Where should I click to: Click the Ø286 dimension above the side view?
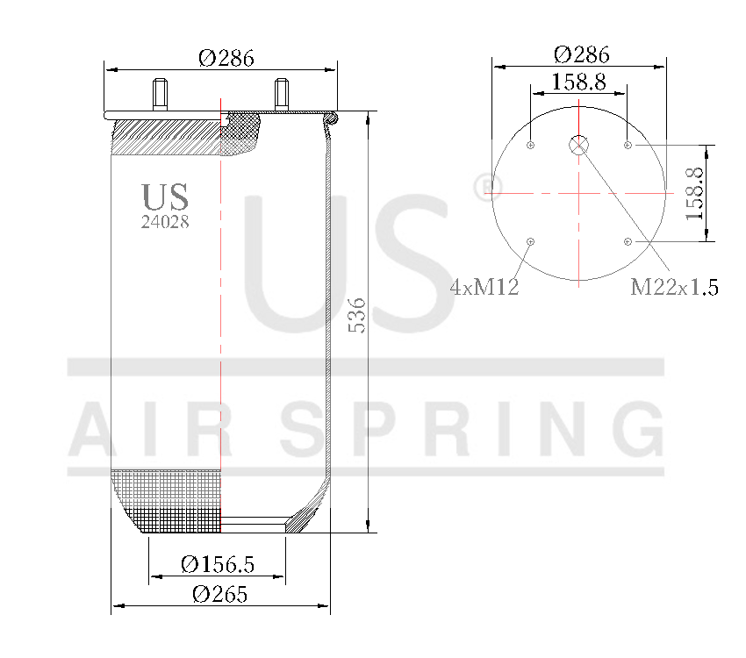(226, 58)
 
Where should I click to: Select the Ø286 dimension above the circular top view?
(581, 54)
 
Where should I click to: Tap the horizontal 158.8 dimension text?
(578, 82)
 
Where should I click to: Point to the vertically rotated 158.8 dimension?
(695, 193)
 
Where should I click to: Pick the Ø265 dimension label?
(219, 594)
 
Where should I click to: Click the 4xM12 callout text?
(484, 287)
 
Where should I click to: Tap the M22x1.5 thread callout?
(674, 287)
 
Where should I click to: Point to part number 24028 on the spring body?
(165, 222)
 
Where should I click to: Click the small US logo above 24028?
(165, 197)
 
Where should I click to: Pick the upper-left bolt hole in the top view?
(531, 145)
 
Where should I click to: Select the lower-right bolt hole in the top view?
(628, 241)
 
